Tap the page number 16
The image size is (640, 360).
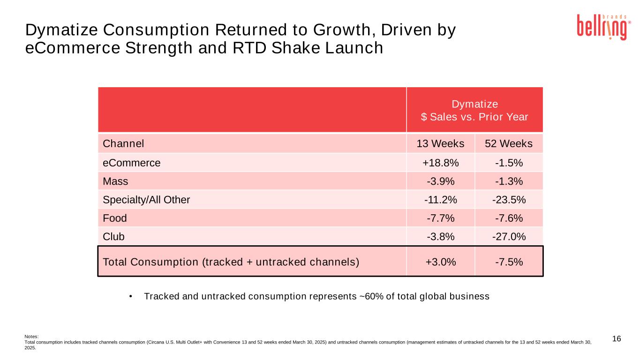(617, 339)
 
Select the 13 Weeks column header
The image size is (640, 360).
(440, 143)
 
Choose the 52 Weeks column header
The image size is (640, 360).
(509, 143)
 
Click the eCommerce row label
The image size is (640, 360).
(132, 163)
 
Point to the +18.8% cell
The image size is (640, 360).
(440, 163)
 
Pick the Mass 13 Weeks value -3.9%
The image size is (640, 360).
(440, 181)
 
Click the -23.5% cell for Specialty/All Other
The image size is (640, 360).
(509, 200)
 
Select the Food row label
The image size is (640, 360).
(115, 218)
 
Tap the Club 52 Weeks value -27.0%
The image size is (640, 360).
(509, 237)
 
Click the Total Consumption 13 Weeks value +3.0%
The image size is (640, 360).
(440, 262)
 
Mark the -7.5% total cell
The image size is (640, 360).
(509, 262)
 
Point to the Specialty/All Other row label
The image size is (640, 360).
(146, 200)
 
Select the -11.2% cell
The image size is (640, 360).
(440, 200)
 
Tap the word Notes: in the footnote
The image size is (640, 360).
(31, 336)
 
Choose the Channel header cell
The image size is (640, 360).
(123, 143)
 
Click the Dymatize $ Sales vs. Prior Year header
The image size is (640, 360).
(474, 110)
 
